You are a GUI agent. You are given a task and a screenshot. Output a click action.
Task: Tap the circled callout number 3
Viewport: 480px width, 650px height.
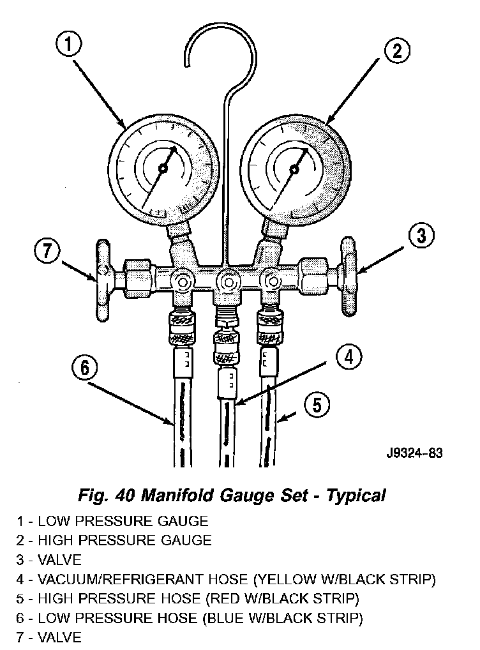[421, 236]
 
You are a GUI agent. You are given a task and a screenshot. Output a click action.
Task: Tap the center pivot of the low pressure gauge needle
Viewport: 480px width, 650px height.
[163, 169]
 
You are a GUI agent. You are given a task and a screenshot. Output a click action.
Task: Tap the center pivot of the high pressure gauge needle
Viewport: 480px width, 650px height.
[294, 169]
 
